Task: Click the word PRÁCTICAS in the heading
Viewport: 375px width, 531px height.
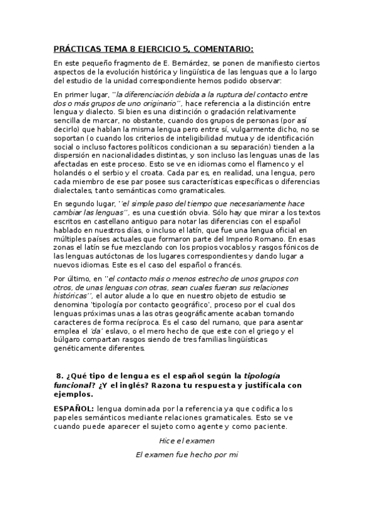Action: point(76,49)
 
